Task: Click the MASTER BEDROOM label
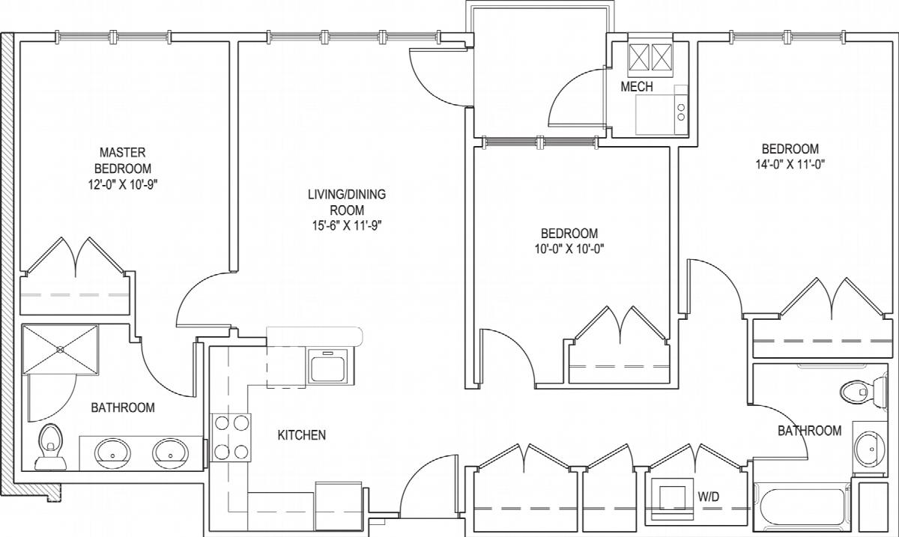(x=123, y=160)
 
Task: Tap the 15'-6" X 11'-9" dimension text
(x=347, y=226)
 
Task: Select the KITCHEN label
(x=302, y=435)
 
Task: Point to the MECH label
(x=637, y=86)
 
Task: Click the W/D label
(x=709, y=497)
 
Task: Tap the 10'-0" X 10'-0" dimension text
(x=569, y=249)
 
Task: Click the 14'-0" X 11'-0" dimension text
(x=790, y=165)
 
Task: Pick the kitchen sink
(x=328, y=365)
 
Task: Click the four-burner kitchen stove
(x=231, y=437)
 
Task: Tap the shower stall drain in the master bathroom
(x=60, y=350)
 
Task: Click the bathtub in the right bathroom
(x=802, y=507)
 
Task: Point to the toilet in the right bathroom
(x=863, y=392)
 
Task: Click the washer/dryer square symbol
(x=673, y=498)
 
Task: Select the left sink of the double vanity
(x=113, y=454)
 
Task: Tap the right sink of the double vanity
(x=171, y=454)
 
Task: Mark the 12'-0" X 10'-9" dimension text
(x=123, y=185)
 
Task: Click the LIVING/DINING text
(x=347, y=194)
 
